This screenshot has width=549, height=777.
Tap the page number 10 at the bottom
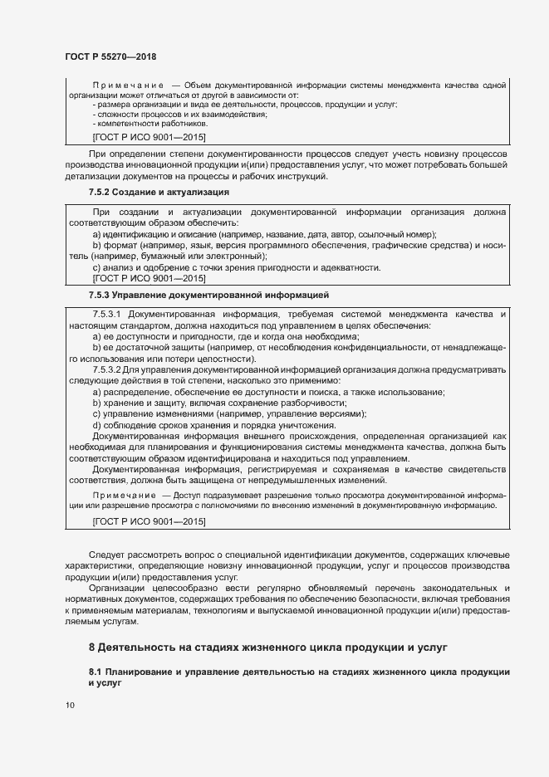tap(70, 705)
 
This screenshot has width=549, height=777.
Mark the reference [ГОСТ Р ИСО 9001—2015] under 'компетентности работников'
tap(149, 135)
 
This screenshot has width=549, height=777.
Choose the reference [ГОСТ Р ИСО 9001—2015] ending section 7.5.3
tap(149, 520)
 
